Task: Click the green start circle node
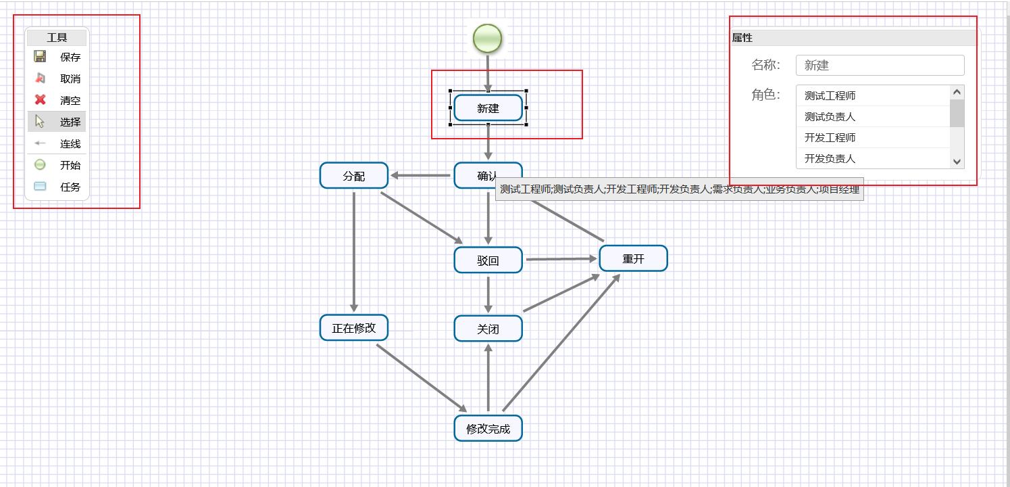(x=487, y=38)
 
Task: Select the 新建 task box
(x=488, y=108)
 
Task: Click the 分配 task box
(x=353, y=176)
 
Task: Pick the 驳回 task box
(x=488, y=260)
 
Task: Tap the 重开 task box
(x=633, y=258)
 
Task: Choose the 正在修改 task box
(x=353, y=328)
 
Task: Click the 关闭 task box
(x=488, y=329)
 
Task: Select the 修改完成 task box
(x=488, y=428)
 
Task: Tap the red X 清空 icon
(x=40, y=100)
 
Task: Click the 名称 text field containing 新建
(x=880, y=66)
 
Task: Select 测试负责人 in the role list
(x=872, y=117)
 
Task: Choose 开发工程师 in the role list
(x=872, y=138)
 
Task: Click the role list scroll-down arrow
(x=957, y=161)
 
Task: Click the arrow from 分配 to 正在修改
(x=353, y=250)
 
